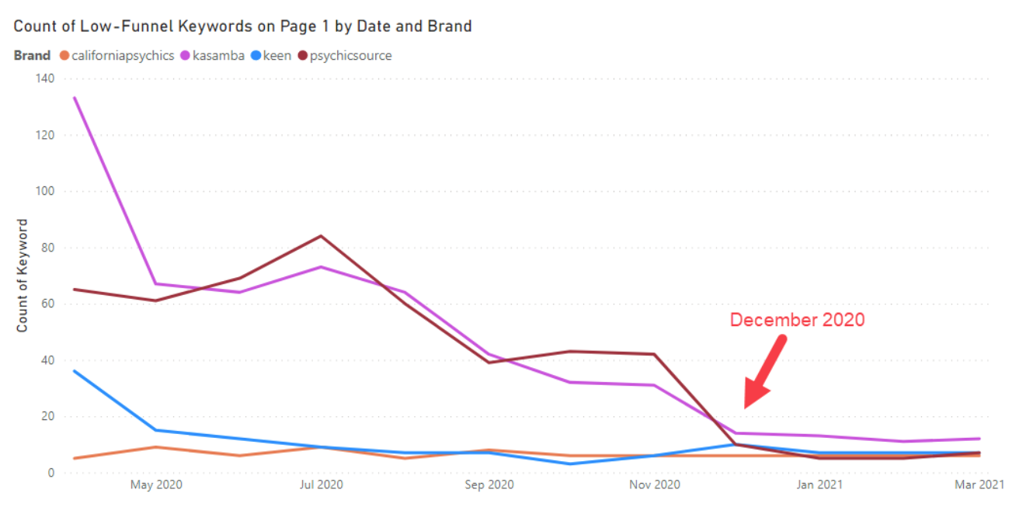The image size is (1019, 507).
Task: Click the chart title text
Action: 242,26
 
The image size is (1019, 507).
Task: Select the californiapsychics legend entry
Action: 122,56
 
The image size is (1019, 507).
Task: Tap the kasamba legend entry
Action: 213,56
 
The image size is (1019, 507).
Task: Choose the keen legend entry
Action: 276,56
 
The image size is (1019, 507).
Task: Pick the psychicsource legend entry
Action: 350,56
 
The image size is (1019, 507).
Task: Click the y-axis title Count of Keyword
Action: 23,276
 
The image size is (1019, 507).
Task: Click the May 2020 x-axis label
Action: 156,485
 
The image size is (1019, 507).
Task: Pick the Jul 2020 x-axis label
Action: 321,485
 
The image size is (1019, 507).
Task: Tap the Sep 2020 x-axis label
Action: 489,485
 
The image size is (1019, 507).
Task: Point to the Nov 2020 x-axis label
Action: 654,485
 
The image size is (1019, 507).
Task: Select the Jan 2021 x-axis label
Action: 820,485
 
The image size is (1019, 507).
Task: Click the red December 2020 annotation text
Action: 797,320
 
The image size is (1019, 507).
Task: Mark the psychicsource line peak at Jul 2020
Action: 321,236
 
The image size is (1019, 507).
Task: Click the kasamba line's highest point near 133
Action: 75,98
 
